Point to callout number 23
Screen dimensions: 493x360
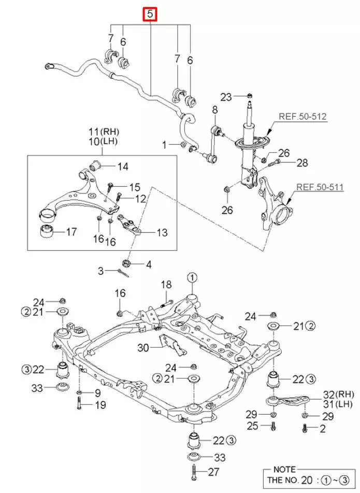click(226, 96)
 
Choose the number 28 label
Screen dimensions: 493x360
click(302, 163)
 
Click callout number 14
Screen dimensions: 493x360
click(123, 166)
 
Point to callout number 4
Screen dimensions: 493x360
click(149, 264)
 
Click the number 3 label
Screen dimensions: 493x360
click(102, 270)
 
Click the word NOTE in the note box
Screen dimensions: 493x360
click(285, 469)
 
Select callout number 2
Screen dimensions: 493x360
click(323, 428)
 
